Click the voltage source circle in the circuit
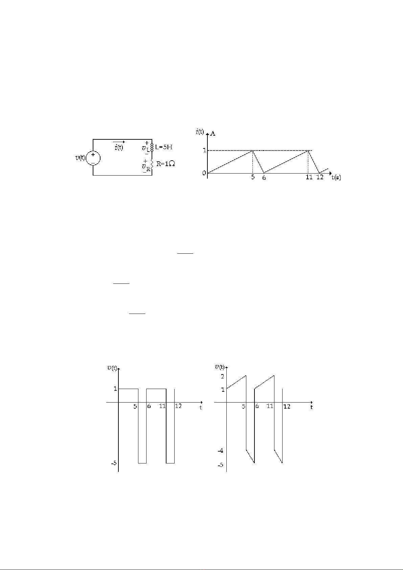click(86, 158)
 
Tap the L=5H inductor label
click(164, 147)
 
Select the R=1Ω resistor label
click(165, 164)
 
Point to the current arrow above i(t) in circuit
click(119, 142)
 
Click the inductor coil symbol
click(152, 147)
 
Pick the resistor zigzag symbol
click(152, 164)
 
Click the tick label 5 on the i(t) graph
click(253, 177)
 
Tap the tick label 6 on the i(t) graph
click(264, 178)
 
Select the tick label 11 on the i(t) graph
click(309, 177)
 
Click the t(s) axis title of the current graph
click(336, 178)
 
